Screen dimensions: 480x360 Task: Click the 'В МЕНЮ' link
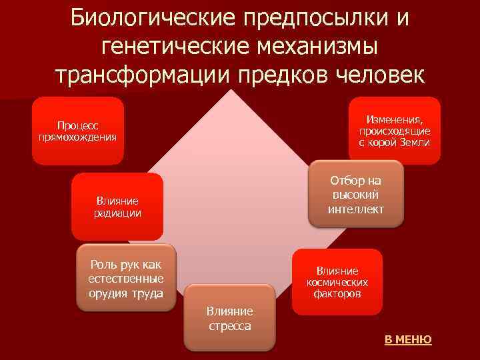pos(408,340)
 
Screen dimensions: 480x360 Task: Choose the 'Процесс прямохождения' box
pos(78,131)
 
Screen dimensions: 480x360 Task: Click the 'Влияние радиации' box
pos(117,207)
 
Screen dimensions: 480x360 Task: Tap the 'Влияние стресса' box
pos(229,318)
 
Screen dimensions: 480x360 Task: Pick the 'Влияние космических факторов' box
pos(337,282)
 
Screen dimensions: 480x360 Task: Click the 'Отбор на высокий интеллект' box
pos(356,195)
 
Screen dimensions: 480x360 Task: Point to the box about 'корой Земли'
pos(394,131)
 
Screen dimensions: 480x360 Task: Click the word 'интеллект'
pos(356,209)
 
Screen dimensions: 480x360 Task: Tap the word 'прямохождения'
pos(78,137)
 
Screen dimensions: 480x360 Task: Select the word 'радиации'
pos(117,213)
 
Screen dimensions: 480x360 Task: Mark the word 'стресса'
pos(229,326)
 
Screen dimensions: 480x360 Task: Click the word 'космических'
pos(337,282)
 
